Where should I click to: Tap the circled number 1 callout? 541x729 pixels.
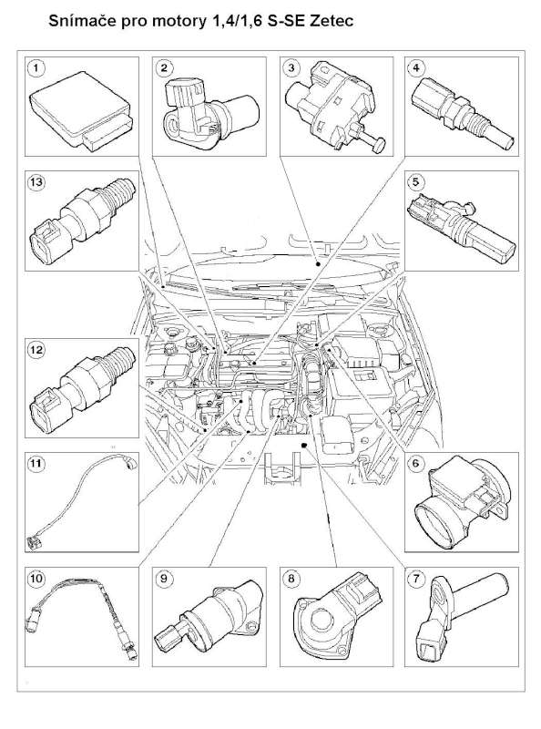point(36,68)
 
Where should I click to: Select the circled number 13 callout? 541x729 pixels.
point(36,181)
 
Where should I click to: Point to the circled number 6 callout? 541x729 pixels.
point(415,464)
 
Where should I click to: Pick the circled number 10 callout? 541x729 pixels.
point(36,579)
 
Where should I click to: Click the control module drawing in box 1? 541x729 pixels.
point(81,110)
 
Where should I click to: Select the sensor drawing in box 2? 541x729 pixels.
point(210,115)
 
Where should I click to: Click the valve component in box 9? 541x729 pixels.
point(213,613)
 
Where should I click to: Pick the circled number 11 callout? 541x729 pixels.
point(36,464)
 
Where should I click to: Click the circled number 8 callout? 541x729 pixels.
point(291,579)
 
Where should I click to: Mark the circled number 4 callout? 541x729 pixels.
point(415,68)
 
